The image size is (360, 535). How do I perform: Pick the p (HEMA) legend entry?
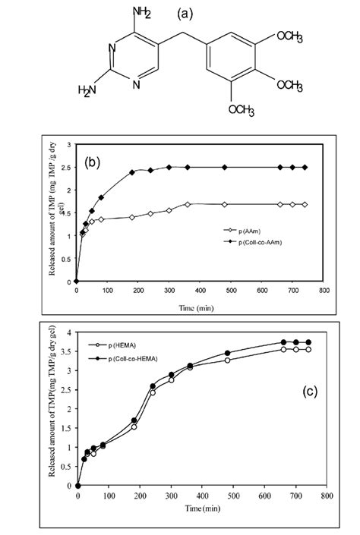point(131,344)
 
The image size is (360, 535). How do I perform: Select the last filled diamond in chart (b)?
point(305,168)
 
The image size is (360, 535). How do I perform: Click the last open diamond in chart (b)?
point(305,204)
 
